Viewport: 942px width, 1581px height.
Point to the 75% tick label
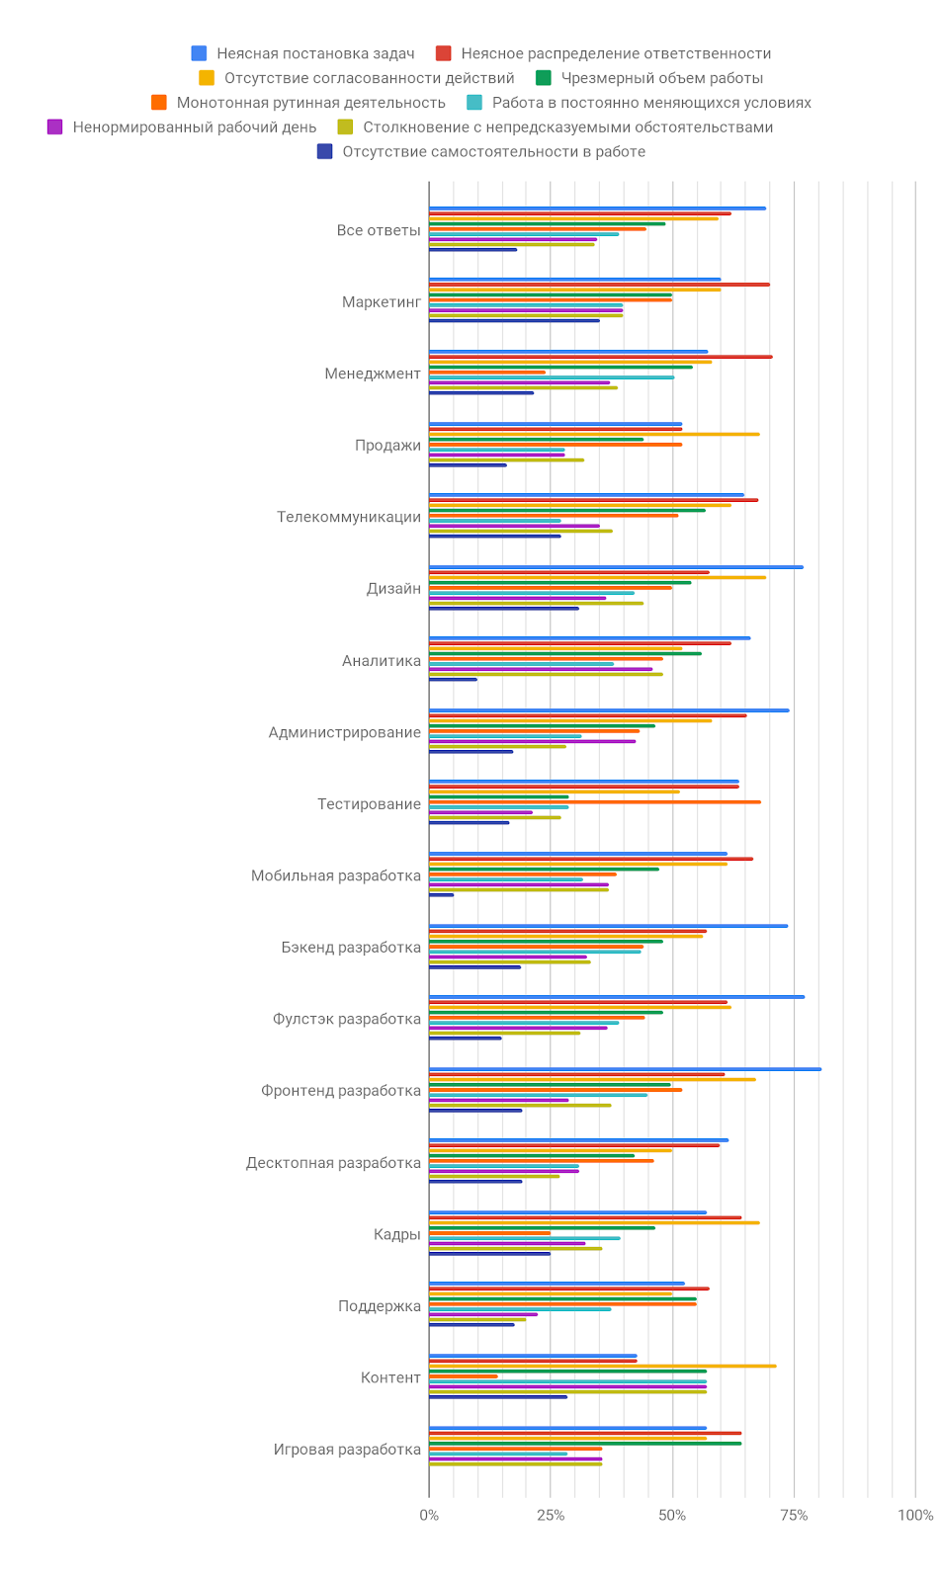tap(794, 1515)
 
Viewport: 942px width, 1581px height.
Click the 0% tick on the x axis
tap(429, 1515)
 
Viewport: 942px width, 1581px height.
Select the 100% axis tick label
tap(914, 1515)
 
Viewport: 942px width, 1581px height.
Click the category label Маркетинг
tap(382, 302)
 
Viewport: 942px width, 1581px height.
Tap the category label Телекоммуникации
tap(349, 517)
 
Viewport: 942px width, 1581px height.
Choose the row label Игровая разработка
tap(347, 1450)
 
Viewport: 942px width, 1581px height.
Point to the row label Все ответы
tap(379, 230)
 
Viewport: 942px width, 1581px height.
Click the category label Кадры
tap(397, 1234)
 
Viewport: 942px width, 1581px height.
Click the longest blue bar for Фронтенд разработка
tap(625, 1069)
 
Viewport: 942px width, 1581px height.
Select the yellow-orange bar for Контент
tap(602, 1366)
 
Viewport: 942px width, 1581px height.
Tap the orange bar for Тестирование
tap(594, 802)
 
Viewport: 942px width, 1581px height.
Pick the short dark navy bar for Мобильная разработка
tap(441, 895)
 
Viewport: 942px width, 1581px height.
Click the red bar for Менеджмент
tap(600, 357)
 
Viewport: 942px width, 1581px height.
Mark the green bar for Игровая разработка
tap(584, 1444)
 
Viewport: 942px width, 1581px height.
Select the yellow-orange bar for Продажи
tap(594, 434)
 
